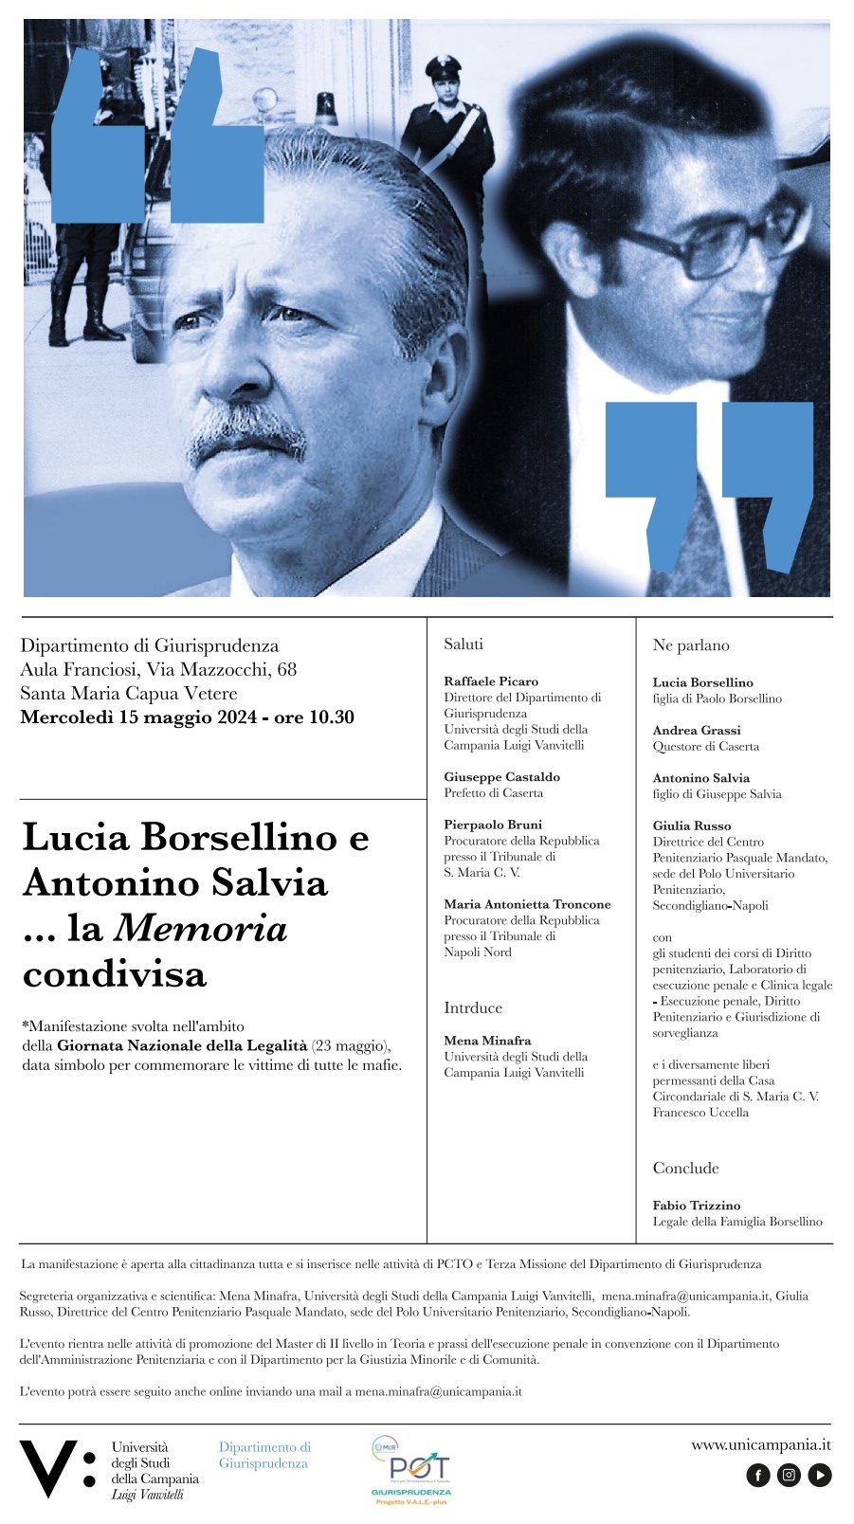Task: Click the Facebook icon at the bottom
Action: (x=758, y=1475)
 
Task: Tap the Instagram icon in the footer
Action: (x=789, y=1475)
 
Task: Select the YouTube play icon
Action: (x=819, y=1475)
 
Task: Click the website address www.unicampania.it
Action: (x=760, y=1445)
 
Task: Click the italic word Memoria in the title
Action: (x=200, y=929)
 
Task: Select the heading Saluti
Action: (x=463, y=644)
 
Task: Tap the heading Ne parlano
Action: (x=691, y=645)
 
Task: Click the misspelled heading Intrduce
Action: (x=473, y=1007)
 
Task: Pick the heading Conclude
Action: (x=685, y=1168)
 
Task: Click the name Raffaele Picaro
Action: (x=491, y=681)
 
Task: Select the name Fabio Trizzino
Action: (x=697, y=1206)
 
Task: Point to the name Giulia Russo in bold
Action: (x=692, y=825)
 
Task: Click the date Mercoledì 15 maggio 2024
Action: (x=138, y=717)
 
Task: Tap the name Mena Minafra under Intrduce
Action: (x=487, y=1041)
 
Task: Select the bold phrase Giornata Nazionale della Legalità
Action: (x=182, y=1045)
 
